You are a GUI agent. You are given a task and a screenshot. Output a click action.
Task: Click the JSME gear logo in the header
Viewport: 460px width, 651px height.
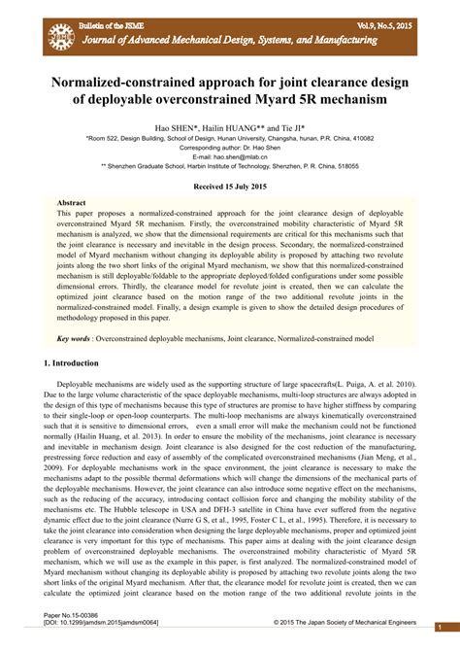point(60,36)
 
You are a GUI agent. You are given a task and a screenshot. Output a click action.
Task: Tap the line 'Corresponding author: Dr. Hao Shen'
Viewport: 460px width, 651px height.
point(230,148)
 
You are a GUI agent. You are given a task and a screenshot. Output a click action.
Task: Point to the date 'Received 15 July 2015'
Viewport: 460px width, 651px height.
point(230,185)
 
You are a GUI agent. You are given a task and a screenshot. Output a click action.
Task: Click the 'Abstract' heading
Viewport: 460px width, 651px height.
point(73,203)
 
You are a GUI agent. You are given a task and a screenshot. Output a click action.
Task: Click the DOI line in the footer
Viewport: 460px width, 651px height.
point(102,624)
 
